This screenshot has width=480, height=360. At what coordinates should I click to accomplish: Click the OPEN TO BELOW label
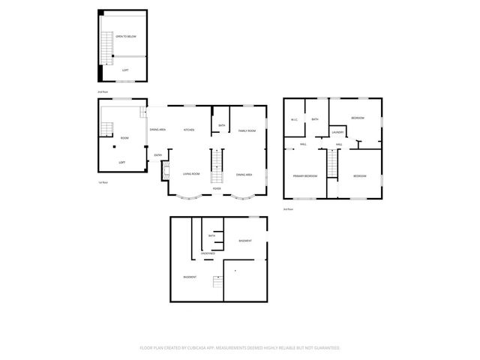click(x=124, y=36)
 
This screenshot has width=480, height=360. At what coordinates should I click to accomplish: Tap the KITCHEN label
click(x=189, y=130)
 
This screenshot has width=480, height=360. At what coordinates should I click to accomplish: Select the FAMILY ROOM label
click(x=247, y=130)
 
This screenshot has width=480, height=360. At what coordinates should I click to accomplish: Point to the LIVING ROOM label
click(x=190, y=174)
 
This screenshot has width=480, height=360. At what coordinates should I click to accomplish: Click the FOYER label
click(x=217, y=188)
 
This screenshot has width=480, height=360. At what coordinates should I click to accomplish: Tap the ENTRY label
click(x=157, y=155)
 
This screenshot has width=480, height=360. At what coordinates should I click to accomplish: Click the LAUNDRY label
click(x=337, y=132)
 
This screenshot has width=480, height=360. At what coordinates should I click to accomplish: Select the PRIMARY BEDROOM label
click(x=305, y=175)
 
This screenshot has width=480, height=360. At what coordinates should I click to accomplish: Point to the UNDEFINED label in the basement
click(x=208, y=253)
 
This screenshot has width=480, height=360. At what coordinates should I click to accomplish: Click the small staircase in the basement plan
click(x=217, y=282)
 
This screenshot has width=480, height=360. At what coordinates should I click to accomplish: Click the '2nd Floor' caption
click(x=102, y=92)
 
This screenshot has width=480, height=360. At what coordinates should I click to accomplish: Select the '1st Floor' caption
click(x=103, y=182)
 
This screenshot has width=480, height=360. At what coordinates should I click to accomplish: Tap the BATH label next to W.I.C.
click(x=315, y=119)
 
